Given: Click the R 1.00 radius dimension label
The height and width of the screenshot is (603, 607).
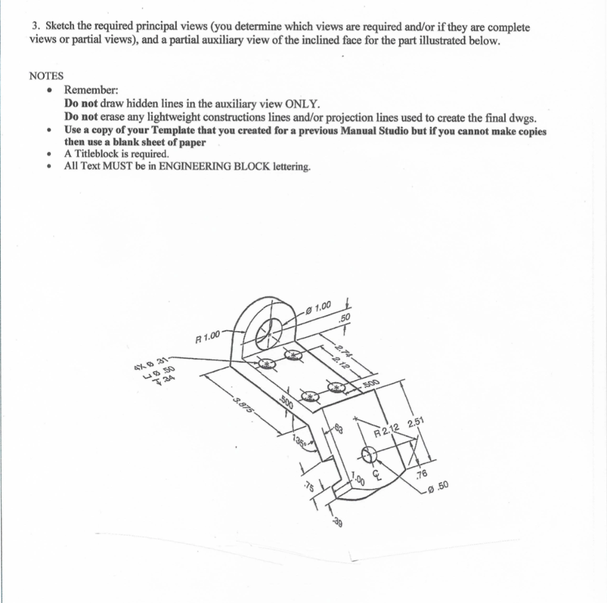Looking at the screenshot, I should pos(207,339).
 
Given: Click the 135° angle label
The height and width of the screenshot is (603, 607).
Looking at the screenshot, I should pos(300,442).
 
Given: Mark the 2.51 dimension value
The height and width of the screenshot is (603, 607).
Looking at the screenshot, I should pos(417,422).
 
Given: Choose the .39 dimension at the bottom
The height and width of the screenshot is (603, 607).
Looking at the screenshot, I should pos(337,522).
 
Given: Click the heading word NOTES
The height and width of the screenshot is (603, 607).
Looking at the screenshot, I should pos(46,76).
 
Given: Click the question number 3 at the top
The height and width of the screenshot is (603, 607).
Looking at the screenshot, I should pos(35,27).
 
